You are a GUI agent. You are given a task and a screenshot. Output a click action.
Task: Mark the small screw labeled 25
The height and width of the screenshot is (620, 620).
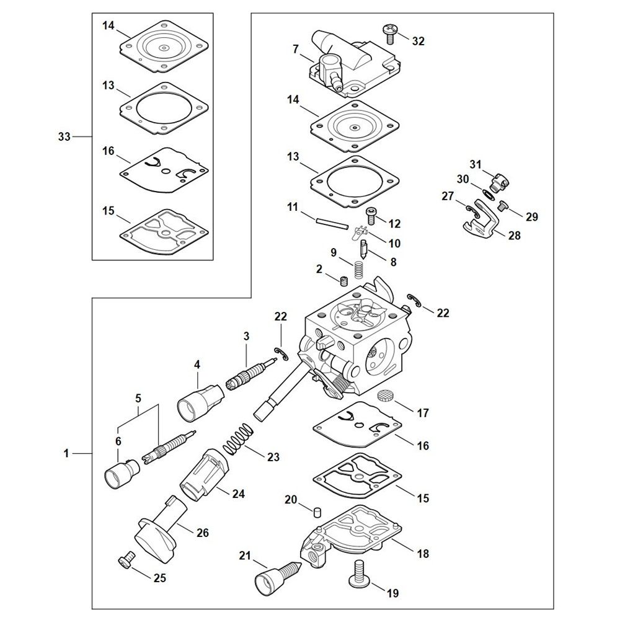(126, 562)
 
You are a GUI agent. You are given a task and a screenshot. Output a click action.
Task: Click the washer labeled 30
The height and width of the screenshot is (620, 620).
(488, 193)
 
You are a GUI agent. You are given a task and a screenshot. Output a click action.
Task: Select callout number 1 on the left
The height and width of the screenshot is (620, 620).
(66, 454)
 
